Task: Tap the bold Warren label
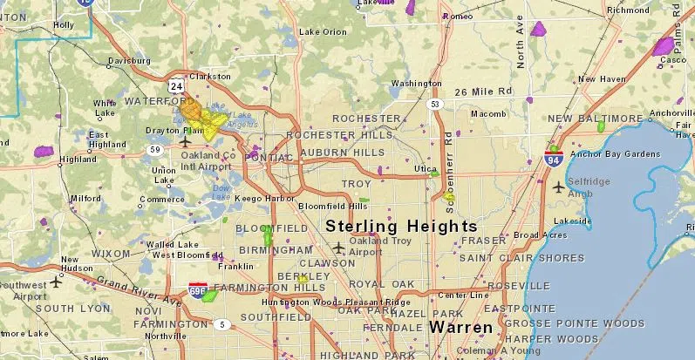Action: pos(463,328)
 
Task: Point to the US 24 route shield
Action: pos(177,87)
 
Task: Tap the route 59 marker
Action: pos(155,149)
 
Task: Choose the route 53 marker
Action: pos(435,105)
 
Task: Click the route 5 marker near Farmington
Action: pos(224,325)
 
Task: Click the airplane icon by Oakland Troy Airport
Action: pos(338,248)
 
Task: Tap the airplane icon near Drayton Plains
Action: pos(185,140)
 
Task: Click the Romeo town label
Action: pos(458,16)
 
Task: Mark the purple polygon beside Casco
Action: pos(664,46)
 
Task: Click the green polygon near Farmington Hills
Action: pos(209,295)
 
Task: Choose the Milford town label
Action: pos(85,198)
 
